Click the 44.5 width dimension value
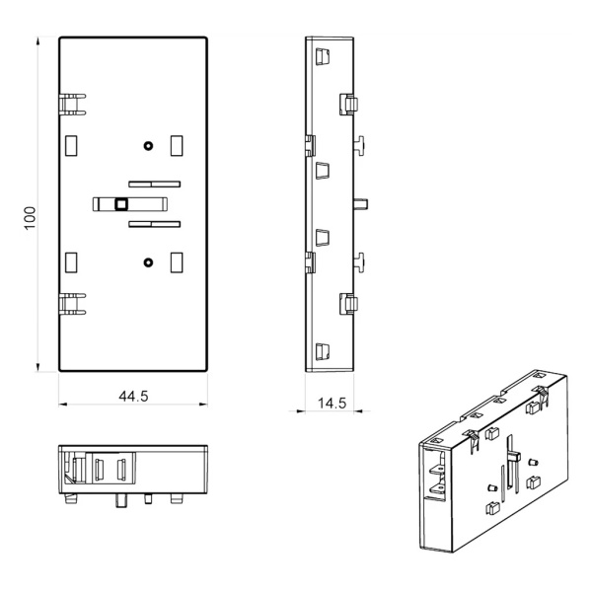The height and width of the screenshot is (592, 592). pyautogui.click(x=133, y=397)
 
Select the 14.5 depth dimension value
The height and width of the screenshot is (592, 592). pyautogui.click(x=332, y=403)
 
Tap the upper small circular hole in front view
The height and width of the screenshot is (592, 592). pyautogui.click(x=148, y=146)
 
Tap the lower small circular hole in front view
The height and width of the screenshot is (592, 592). pyautogui.click(x=148, y=262)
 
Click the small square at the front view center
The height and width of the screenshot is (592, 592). pyautogui.click(x=121, y=204)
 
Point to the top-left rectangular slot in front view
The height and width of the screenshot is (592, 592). pyautogui.click(x=71, y=146)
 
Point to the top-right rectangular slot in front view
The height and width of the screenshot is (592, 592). pyautogui.click(x=177, y=146)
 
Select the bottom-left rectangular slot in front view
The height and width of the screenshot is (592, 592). pyautogui.click(x=71, y=262)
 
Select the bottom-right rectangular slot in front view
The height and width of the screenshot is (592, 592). pyautogui.click(x=177, y=262)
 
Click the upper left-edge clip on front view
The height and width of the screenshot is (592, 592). pyautogui.click(x=71, y=103)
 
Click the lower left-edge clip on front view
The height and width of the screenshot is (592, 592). pyautogui.click(x=71, y=301)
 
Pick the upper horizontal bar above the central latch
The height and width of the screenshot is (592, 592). pyautogui.click(x=154, y=184)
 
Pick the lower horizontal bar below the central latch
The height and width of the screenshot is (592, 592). pyautogui.click(x=154, y=225)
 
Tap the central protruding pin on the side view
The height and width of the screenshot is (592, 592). pyautogui.click(x=362, y=204)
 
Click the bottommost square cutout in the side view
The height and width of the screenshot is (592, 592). pyautogui.click(x=320, y=350)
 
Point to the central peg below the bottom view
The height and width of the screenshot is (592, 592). pyautogui.click(x=121, y=500)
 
